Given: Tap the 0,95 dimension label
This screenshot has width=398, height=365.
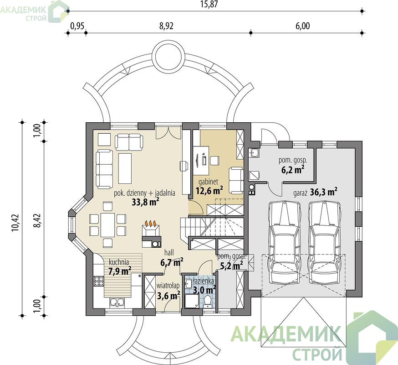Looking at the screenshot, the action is pyautogui.click(x=77, y=26).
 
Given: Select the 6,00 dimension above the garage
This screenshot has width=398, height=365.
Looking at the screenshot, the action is pyautogui.click(x=302, y=26).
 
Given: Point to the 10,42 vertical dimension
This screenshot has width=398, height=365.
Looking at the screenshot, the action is pyautogui.click(x=15, y=223).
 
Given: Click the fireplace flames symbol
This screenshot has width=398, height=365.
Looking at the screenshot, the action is pyautogui.click(x=151, y=223).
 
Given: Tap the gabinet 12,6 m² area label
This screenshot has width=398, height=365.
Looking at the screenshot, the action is pyautogui.click(x=209, y=186).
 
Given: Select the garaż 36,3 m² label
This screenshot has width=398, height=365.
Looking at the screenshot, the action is pyautogui.click(x=315, y=192).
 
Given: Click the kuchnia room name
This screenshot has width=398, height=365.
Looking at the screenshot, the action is pyautogui.click(x=119, y=262).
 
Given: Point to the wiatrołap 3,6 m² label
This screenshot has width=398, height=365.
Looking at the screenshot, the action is pyautogui.click(x=168, y=291).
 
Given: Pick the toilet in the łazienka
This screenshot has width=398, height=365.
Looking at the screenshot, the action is pyautogui.click(x=208, y=302).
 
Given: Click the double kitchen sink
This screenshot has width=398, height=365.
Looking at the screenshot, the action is pyautogui.click(x=117, y=302).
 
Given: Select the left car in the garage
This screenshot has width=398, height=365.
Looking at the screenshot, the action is pyautogui.click(x=284, y=242).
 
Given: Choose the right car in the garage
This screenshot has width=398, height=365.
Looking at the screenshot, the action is pyautogui.click(x=324, y=242).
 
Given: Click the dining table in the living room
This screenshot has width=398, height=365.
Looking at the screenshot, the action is pyautogui.click(x=108, y=225).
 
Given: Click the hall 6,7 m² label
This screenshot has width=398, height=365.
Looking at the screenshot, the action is pyautogui.click(x=172, y=257).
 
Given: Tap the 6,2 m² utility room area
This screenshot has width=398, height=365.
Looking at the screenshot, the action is pyautogui.click(x=293, y=170).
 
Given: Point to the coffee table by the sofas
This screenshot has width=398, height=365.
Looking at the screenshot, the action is pyautogui.click(x=125, y=168).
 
